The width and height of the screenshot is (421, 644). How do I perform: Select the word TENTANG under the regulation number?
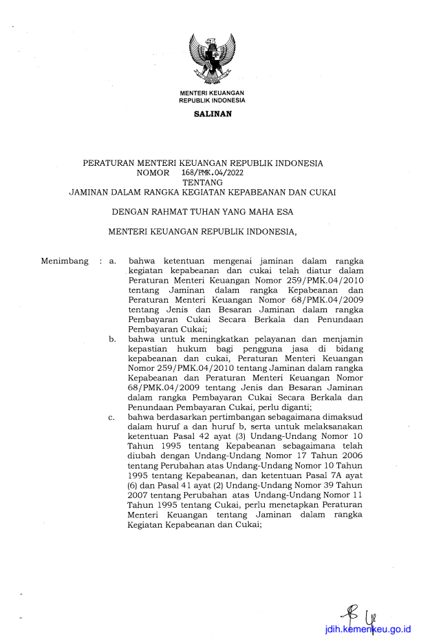coord(202,183)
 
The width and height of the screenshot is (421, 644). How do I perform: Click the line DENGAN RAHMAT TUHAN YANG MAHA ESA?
coord(202,213)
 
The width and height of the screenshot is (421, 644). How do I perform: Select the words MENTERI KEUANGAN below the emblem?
coord(212,93)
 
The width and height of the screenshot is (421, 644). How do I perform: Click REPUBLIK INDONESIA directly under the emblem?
coord(212,100)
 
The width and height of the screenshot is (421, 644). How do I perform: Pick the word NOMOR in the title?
coord(153,173)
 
